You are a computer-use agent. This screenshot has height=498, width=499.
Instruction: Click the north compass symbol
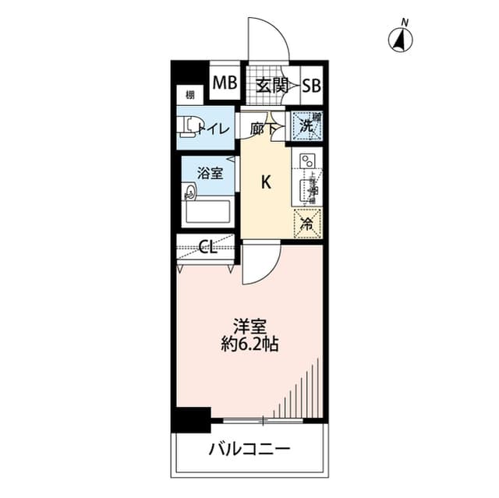pos(402,38)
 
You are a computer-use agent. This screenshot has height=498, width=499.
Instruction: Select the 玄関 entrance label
pos(269,85)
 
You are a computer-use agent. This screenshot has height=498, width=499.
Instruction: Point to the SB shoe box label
pos(312,85)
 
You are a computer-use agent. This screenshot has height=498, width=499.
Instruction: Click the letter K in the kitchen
pos(265,183)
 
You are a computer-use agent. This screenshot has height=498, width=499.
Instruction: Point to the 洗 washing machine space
pos(307,125)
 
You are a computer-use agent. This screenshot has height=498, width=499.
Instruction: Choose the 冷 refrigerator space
pos(307,224)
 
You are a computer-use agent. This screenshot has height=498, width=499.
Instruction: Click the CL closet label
pos(207,249)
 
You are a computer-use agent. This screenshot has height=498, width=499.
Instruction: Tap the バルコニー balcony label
pos(249,450)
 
